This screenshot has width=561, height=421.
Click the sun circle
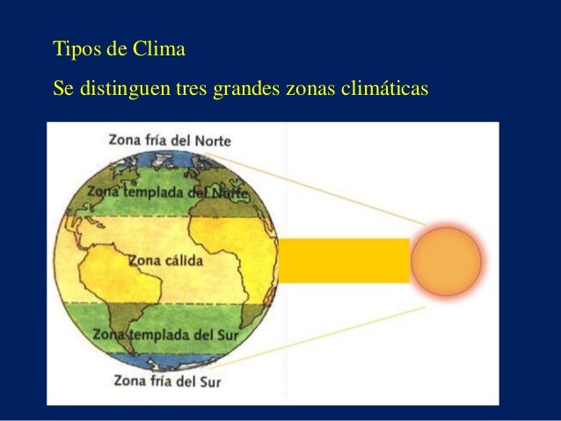(447, 261)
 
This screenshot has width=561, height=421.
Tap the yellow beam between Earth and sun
(344, 260)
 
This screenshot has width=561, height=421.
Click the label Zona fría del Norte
(171, 139)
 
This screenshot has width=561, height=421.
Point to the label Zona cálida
(166, 261)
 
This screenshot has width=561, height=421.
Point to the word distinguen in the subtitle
(124, 89)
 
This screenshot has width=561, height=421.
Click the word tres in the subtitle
(191, 89)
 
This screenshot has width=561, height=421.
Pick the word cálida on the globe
(183, 261)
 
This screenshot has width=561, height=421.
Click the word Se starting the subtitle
(62, 89)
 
